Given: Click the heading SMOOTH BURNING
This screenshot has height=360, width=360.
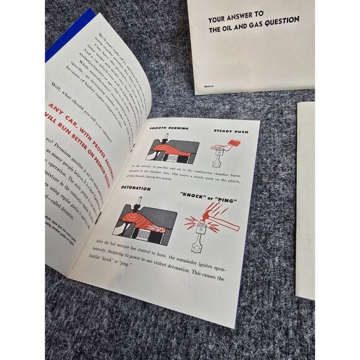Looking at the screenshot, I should click(168, 129).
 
